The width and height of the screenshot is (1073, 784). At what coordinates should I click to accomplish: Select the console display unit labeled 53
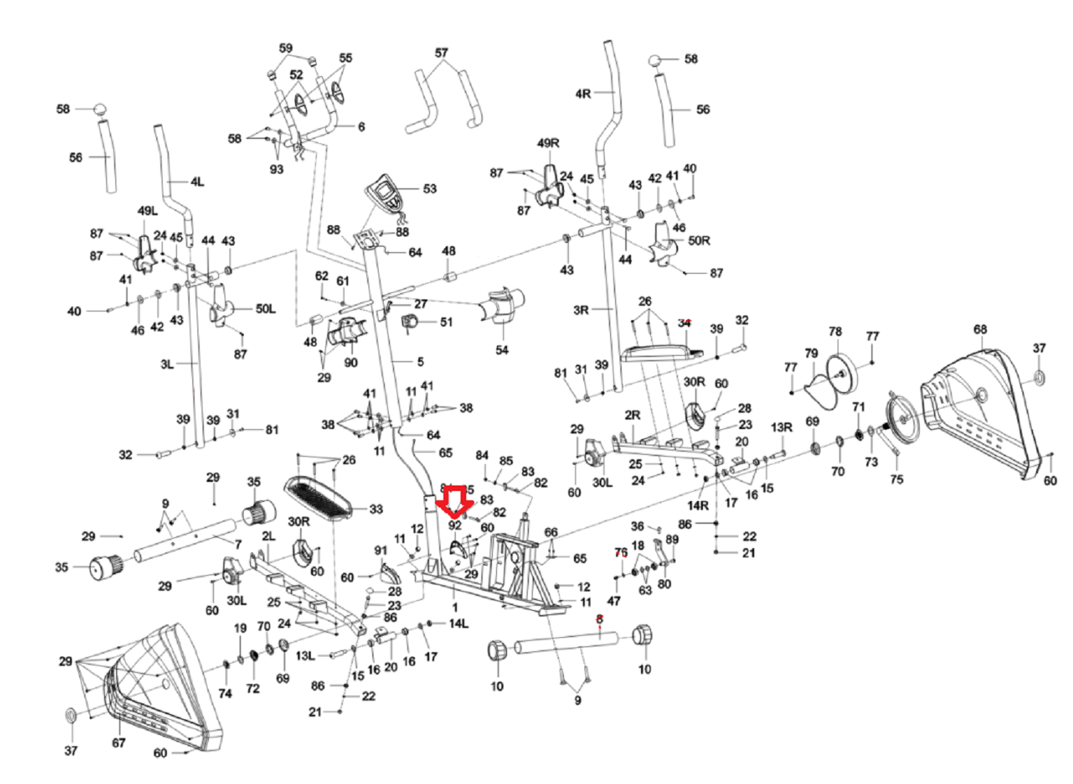[x=386, y=192]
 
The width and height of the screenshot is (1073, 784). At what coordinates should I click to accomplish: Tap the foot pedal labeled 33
[x=318, y=496]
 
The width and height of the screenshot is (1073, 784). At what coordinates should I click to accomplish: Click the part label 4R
[x=582, y=93]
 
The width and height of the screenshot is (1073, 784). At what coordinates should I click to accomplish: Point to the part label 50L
[x=265, y=309]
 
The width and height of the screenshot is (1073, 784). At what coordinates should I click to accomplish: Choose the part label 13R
[x=781, y=427]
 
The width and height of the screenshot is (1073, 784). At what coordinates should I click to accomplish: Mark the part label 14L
[x=458, y=624]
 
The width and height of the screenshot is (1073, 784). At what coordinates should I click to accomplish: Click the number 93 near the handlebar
[x=276, y=169]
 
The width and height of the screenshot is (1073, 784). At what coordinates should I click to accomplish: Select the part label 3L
[x=167, y=364]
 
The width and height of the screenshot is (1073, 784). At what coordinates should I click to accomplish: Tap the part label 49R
[x=548, y=143]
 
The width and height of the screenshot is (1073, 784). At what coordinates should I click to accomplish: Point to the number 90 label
[x=351, y=362]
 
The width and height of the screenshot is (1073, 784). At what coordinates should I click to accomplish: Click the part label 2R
[x=632, y=415]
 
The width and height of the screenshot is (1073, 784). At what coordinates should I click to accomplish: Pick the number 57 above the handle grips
[x=441, y=53]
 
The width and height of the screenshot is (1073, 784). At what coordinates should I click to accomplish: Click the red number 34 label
[x=684, y=323]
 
